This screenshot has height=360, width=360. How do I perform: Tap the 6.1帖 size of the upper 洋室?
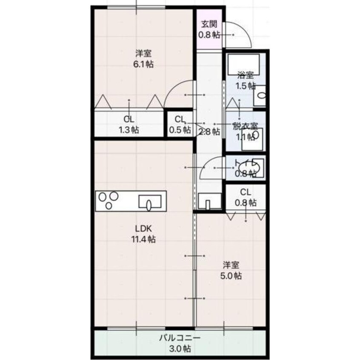(x=143, y=65)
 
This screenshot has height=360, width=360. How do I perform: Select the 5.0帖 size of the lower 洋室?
(x=231, y=276)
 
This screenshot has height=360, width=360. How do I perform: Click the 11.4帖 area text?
(x=143, y=239)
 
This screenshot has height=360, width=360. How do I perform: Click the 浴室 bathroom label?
(x=246, y=75)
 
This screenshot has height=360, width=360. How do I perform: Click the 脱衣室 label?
(x=245, y=126)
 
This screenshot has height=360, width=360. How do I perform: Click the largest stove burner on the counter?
(x=103, y=197)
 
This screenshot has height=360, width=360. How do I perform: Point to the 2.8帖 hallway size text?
(x=209, y=131)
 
